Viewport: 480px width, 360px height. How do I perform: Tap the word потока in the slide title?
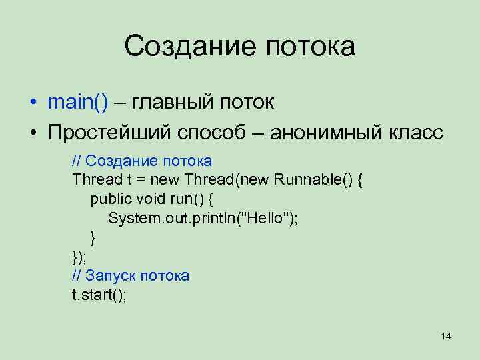tap(309, 47)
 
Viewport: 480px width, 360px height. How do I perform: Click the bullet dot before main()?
tap(32, 103)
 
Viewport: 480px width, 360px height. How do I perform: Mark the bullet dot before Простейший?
tap(32, 133)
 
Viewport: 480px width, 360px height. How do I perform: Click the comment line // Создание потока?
tap(142, 161)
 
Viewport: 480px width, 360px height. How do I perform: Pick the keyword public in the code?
tap(111, 199)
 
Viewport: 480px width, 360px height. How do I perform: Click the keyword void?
tap(153, 199)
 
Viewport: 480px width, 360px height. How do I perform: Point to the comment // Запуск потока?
tap(131, 275)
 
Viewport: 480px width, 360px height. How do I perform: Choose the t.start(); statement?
tap(99, 295)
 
